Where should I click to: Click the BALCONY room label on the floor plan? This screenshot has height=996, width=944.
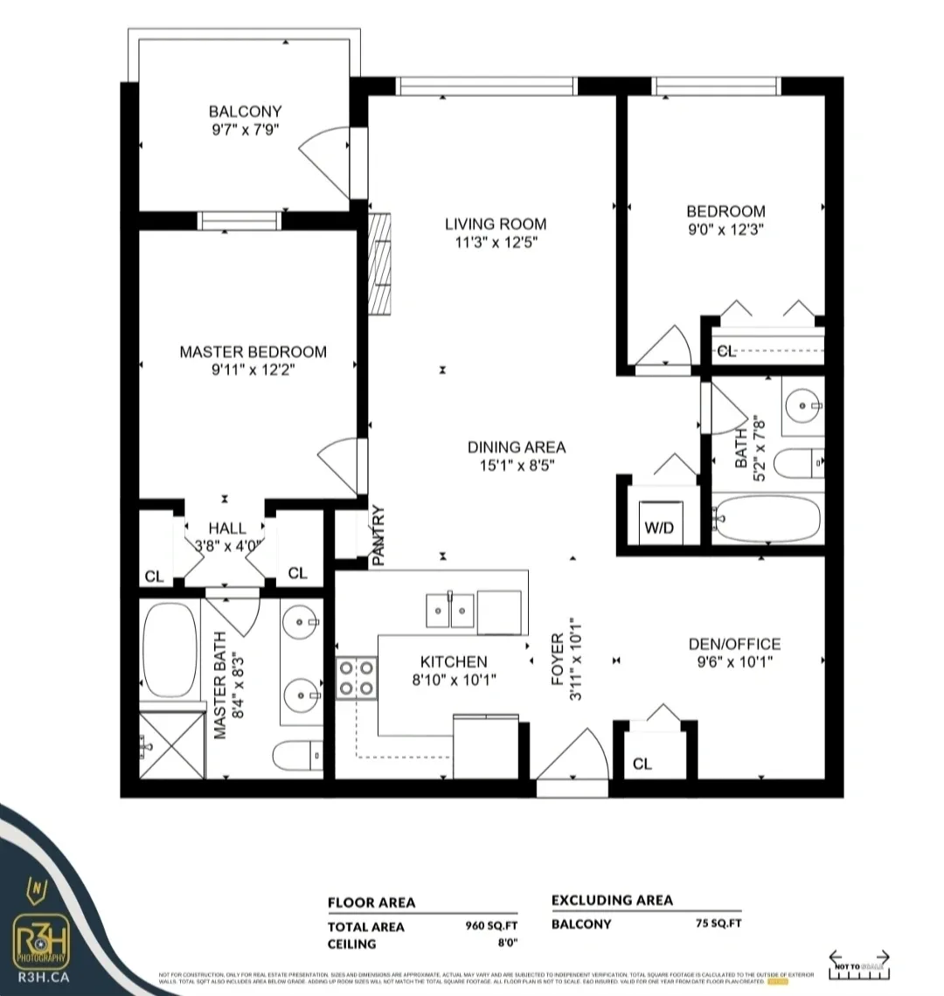(x=245, y=112)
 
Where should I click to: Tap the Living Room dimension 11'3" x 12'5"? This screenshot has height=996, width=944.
(x=496, y=242)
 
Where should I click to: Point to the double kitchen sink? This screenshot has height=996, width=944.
(x=450, y=609)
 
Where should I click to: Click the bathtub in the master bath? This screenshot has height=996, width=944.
(x=170, y=647)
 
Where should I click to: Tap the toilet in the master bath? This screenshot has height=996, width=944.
(x=296, y=753)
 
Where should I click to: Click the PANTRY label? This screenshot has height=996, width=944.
(x=379, y=536)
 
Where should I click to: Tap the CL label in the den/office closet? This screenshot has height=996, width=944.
(x=642, y=764)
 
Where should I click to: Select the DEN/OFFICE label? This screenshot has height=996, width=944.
(x=734, y=645)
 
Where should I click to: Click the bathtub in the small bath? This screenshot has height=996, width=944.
(x=767, y=520)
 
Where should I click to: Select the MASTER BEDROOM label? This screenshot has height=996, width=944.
(x=253, y=352)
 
